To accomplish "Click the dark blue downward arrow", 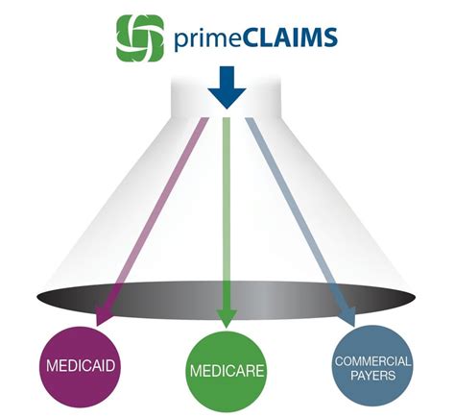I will pos(227,87).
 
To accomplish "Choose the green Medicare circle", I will pos(227,369).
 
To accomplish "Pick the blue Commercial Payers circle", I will pos(371,368).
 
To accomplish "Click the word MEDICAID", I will pos(82,365).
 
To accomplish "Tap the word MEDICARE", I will pos(227,370).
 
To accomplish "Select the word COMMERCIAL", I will pos(371,361).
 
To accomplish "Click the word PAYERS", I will pos(371,376).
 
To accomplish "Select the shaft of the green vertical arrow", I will pos(227,211).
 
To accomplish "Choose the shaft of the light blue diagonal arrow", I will pos(298,211).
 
